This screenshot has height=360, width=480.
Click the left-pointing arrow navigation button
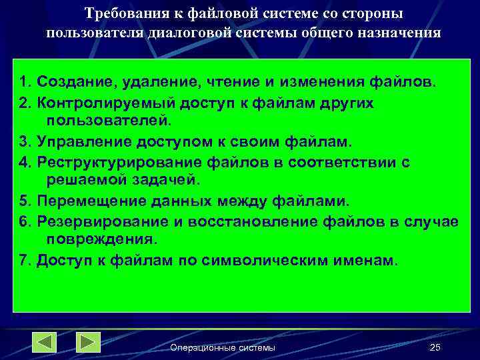point(45,342)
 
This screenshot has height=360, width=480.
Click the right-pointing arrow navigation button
point(88,342)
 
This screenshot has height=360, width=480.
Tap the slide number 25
point(435,347)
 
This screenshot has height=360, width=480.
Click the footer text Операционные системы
point(223,348)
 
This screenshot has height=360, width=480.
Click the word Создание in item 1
point(69,83)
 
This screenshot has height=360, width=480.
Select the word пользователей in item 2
point(109,121)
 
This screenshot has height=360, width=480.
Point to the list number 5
point(25,201)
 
